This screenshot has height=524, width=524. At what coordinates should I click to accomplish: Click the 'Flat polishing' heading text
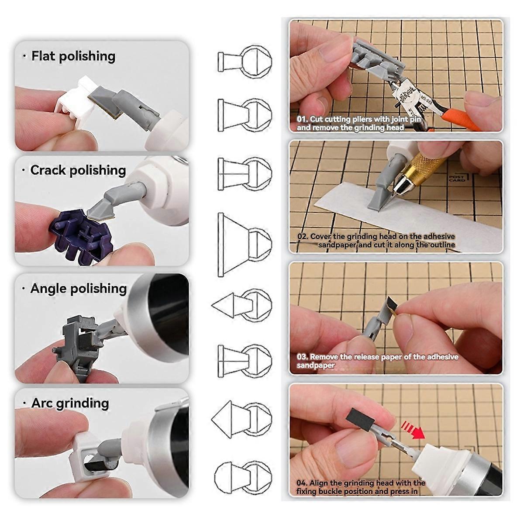tap(73, 56)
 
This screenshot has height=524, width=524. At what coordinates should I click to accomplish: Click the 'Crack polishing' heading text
tap(78, 170)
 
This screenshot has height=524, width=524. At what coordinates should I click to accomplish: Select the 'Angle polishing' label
tap(79, 289)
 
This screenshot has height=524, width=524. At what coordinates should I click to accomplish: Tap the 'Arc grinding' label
tap(70, 403)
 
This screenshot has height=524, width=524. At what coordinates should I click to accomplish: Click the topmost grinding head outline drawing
tap(245, 61)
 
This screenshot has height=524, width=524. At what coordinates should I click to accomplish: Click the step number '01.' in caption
tap(302, 119)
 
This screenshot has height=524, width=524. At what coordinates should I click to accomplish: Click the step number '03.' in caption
tap(302, 357)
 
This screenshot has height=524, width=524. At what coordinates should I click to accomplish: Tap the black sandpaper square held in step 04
tap(360, 421)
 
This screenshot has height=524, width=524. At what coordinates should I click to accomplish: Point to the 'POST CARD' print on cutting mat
tap(457, 179)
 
